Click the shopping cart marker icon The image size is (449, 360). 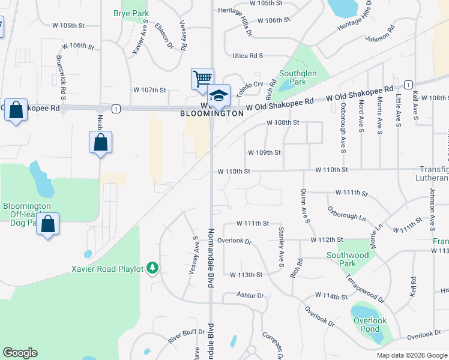click(202, 79)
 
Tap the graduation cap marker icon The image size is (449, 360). click(218, 96)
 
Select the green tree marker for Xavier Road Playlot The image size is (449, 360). click(152, 268)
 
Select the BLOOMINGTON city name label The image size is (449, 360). click(212, 113)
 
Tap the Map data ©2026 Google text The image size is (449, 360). click(411, 355)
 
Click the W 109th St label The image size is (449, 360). click(264, 153)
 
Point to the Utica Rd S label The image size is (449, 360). click(248, 56)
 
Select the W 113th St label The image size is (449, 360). click(246, 275)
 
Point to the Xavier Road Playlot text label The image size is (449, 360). click(108, 269)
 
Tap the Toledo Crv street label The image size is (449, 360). click(249, 85)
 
